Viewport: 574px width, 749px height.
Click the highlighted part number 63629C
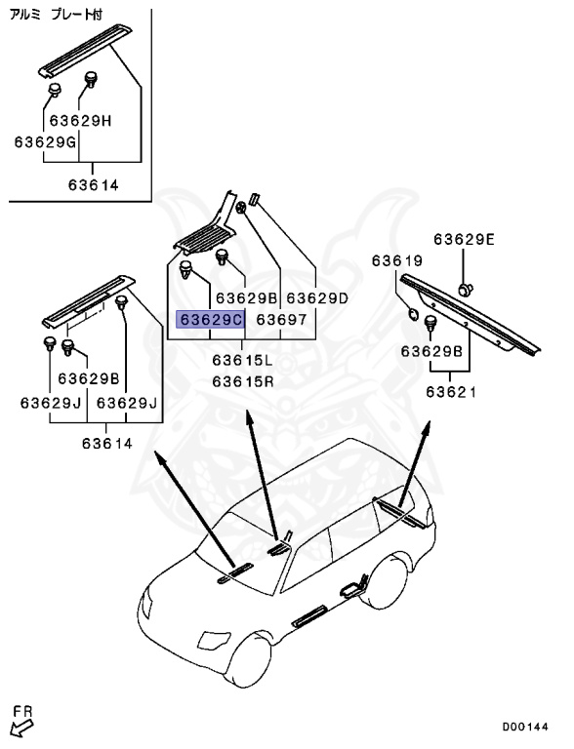(209, 319)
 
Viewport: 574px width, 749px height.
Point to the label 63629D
(317, 296)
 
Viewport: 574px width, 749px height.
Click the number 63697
(281, 319)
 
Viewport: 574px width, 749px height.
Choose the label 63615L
(243, 360)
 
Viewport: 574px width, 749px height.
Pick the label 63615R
(243, 380)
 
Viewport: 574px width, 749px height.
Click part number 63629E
(465, 239)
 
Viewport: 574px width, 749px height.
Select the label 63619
(397, 260)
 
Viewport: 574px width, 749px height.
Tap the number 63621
(450, 392)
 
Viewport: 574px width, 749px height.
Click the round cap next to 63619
(413, 314)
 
